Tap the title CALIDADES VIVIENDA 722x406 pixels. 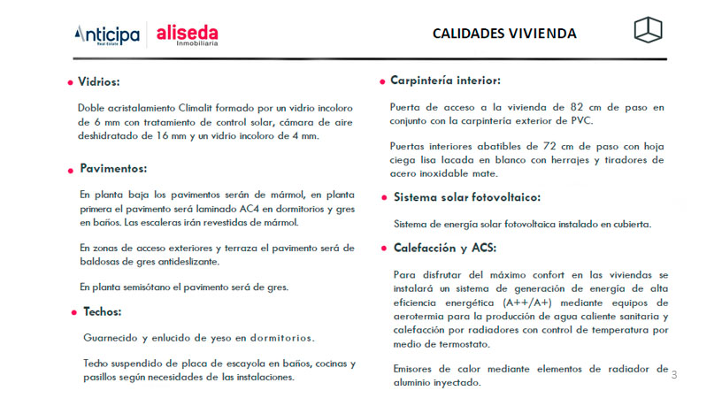504,34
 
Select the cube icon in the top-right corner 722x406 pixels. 648,29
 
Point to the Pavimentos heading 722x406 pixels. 113,168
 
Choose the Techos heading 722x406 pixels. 102,311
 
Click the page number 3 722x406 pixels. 674,375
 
